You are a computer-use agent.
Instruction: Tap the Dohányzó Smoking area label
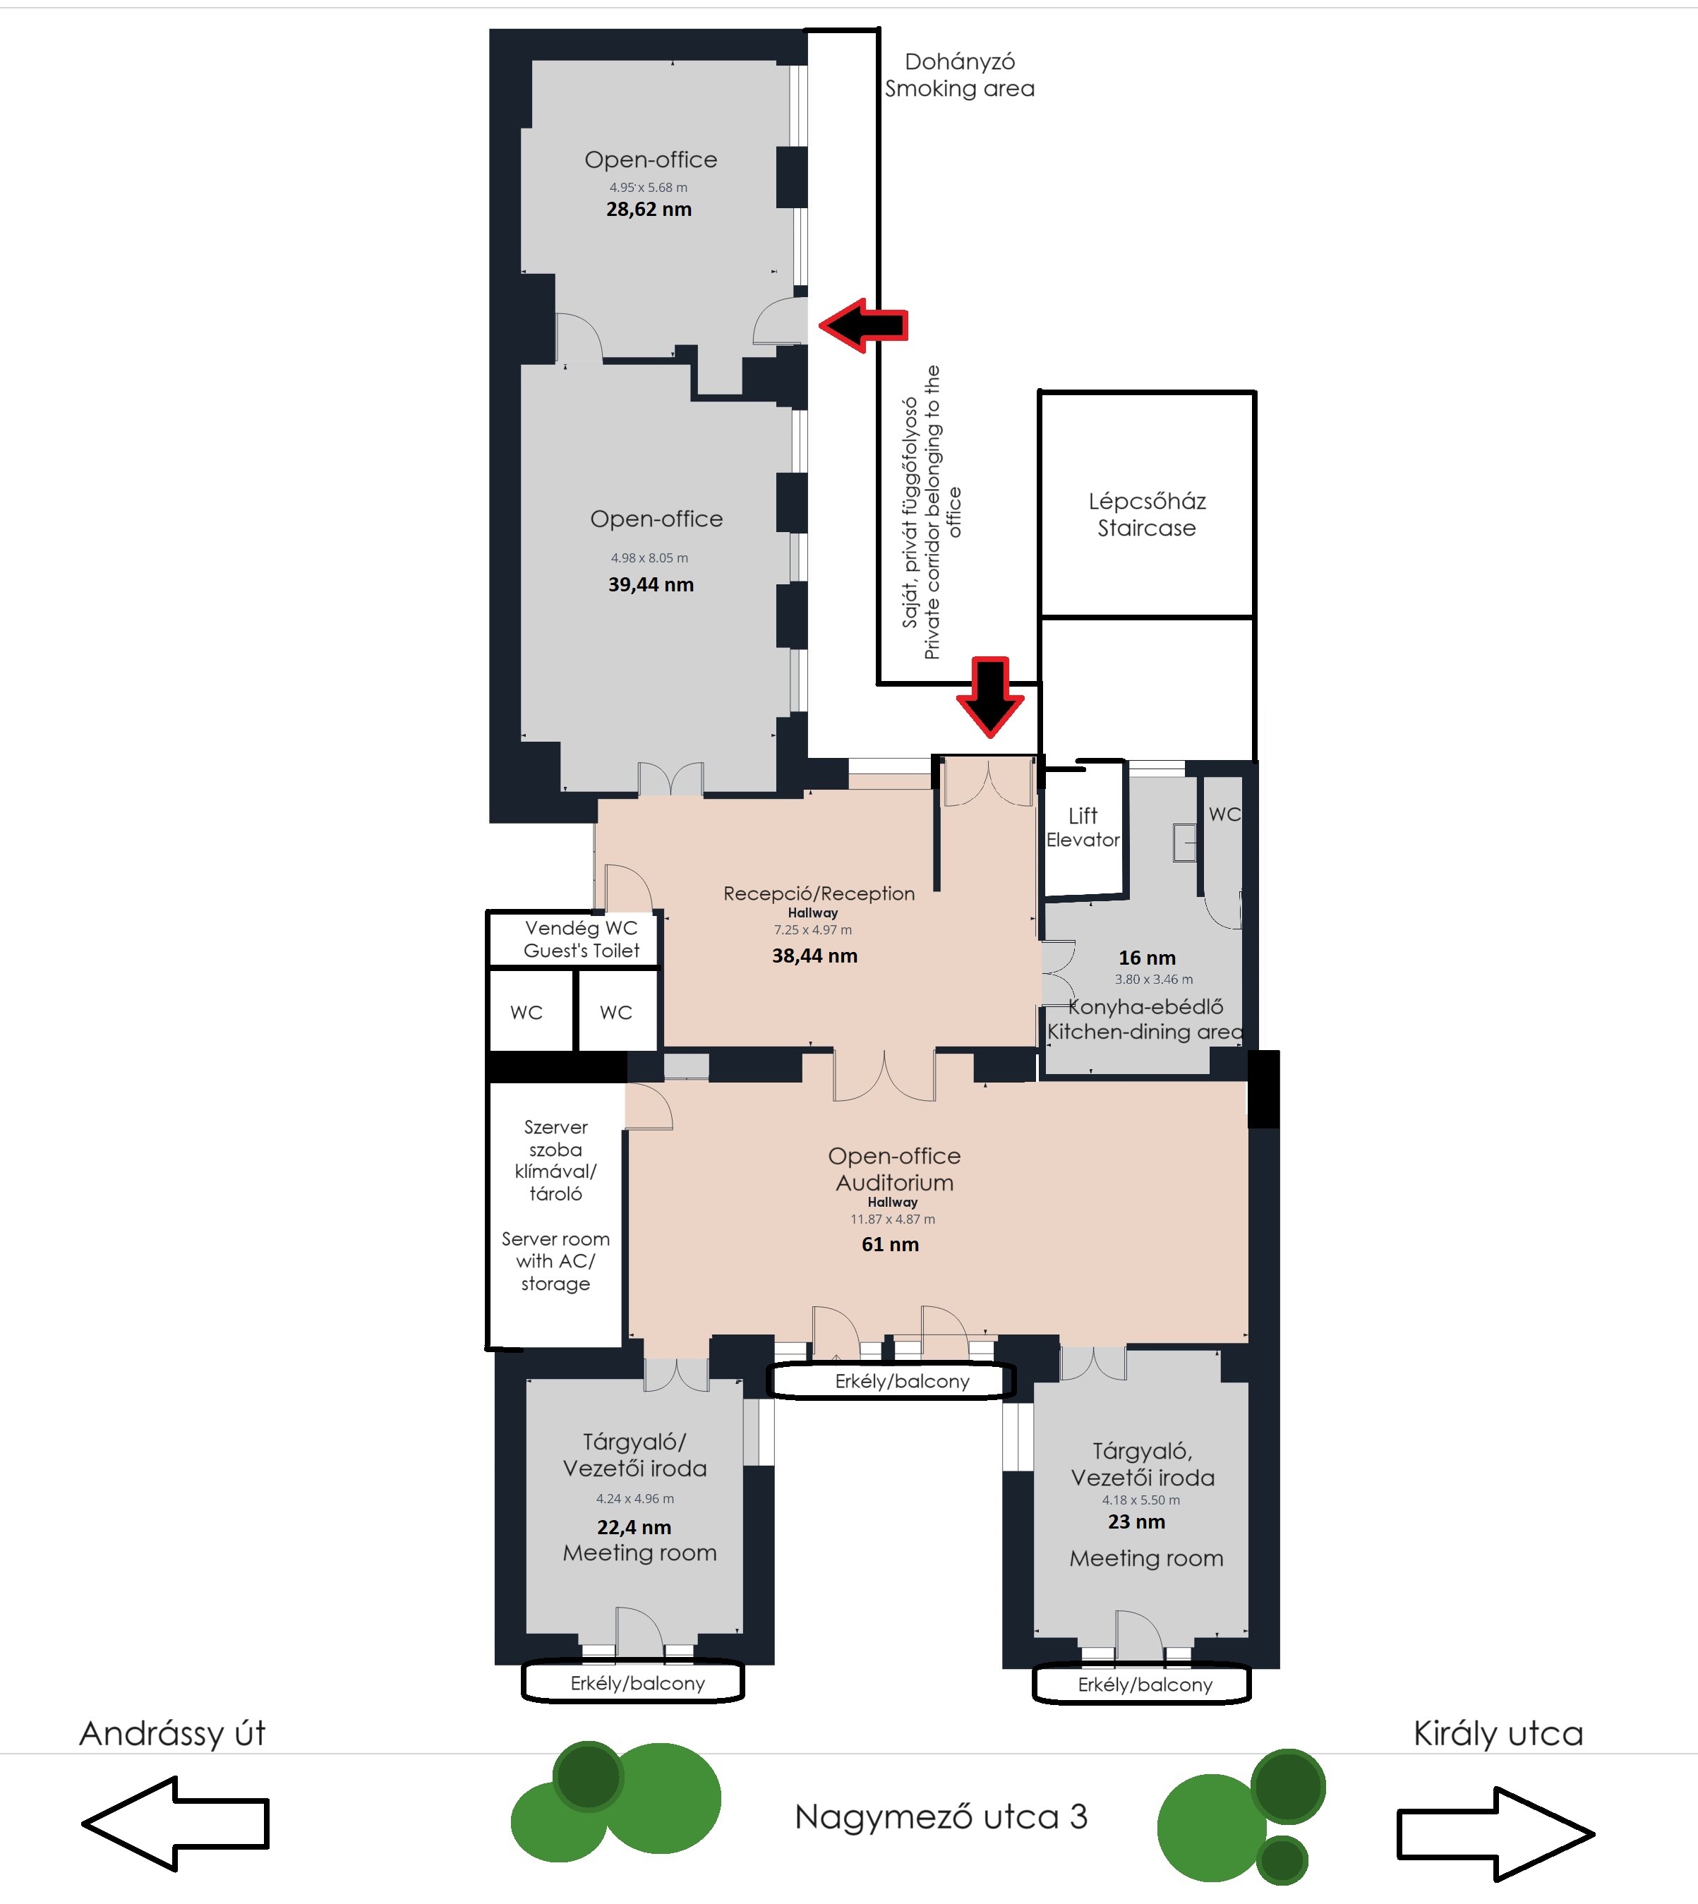[960, 75]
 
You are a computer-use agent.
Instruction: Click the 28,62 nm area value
[649, 210]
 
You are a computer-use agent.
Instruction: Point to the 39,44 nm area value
[651, 585]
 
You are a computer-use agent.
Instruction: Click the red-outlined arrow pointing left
[863, 325]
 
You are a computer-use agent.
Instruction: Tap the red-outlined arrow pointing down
[990, 697]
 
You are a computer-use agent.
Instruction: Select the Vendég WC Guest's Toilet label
[582, 939]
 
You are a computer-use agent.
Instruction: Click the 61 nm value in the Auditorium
[890, 1244]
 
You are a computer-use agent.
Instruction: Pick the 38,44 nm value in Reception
[814, 956]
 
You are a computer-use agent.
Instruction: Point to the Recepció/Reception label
[819, 893]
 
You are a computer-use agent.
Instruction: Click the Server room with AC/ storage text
[555, 1261]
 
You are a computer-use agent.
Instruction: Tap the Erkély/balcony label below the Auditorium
[902, 1382]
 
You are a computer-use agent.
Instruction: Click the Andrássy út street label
[173, 1733]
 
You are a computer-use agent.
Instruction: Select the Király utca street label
[1498, 1733]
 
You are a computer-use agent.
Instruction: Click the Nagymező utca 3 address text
[941, 1816]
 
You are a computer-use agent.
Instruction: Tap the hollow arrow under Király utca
[1495, 1833]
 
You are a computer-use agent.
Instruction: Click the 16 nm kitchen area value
[1148, 958]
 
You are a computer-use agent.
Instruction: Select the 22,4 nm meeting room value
[634, 1527]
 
